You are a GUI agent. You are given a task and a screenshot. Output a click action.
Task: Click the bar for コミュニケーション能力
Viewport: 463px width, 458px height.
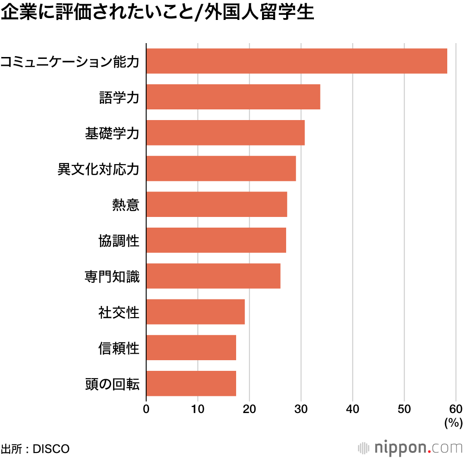(x=297, y=61)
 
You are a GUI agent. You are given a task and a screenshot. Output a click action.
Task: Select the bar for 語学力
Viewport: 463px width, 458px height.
(x=233, y=97)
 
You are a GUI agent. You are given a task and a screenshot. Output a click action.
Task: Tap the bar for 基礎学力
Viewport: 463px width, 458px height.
(x=225, y=133)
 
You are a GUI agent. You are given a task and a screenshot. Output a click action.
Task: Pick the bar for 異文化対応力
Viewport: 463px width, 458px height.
(x=221, y=168)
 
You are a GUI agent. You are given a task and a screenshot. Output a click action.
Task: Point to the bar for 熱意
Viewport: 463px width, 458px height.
(x=217, y=204)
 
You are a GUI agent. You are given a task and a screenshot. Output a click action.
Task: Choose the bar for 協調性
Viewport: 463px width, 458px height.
(x=216, y=240)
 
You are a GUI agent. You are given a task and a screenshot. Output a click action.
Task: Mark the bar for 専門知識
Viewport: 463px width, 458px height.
(x=213, y=276)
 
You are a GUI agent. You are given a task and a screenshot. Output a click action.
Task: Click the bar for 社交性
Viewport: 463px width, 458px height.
(x=195, y=312)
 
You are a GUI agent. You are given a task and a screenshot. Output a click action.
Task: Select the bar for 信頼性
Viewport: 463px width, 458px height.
(x=191, y=348)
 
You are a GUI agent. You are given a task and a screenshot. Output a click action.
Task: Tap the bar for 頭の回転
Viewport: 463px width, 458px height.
(x=191, y=383)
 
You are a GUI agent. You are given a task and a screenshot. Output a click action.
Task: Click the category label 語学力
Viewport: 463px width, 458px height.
(x=119, y=97)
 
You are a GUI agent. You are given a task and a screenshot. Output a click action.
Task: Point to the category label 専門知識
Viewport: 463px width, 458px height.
(x=112, y=276)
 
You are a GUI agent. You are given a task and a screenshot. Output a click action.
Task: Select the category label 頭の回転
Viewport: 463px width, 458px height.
(x=112, y=384)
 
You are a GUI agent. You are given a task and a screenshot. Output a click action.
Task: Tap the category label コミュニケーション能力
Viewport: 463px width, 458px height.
(x=70, y=61)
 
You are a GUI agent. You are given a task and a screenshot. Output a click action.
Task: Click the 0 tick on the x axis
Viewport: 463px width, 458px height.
(x=146, y=408)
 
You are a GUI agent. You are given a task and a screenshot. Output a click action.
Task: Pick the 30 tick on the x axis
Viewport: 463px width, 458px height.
(x=301, y=408)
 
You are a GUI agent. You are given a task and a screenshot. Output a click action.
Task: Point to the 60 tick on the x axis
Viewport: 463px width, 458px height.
(x=456, y=408)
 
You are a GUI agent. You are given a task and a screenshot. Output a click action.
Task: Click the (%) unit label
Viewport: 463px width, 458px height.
(x=453, y=422)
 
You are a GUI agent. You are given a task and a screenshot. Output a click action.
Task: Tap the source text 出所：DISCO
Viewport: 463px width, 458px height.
(x=35, y=449)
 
